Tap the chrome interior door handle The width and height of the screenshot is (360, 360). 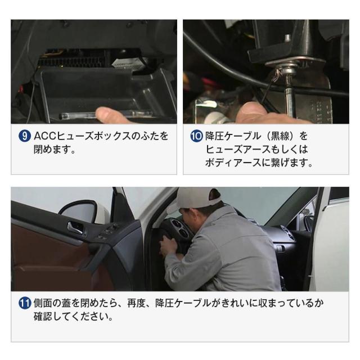click(75, 227)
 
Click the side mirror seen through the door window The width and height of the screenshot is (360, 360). click(84, 214)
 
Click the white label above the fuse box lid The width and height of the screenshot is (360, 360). click(123, 62)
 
